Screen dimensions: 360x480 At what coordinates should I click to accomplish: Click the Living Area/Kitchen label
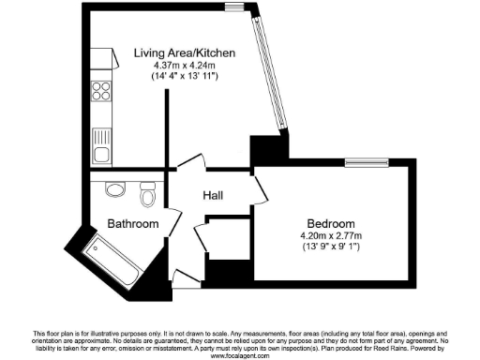184,52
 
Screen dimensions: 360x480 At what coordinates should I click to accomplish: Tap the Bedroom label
327,223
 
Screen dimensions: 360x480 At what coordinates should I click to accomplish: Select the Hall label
218,196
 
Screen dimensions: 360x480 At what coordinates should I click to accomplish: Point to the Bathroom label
131,224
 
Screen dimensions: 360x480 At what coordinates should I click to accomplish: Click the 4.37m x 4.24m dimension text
184,65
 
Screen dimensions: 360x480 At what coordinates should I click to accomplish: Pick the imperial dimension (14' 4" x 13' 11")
184,76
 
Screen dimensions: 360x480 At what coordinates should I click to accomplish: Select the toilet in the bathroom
146,198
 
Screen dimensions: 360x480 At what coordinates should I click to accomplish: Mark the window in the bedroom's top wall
372,159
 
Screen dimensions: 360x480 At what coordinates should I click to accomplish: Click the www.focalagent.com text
240,356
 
